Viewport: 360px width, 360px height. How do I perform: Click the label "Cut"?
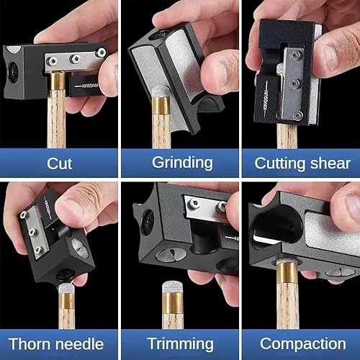coord(59,163)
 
